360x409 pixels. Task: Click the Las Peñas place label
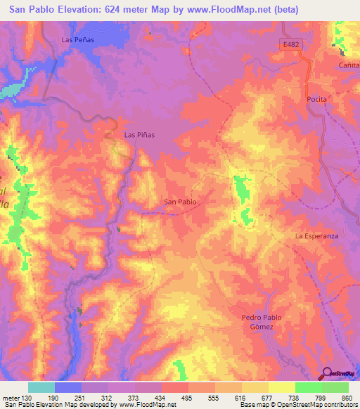click(77, 40)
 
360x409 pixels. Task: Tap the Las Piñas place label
click(139, 134)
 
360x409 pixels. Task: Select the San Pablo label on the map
click(180, 202)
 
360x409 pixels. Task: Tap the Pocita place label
click(317, 99)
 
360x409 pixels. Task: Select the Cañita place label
click(349, 64)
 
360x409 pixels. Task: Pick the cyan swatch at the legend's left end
click(41, 387)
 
